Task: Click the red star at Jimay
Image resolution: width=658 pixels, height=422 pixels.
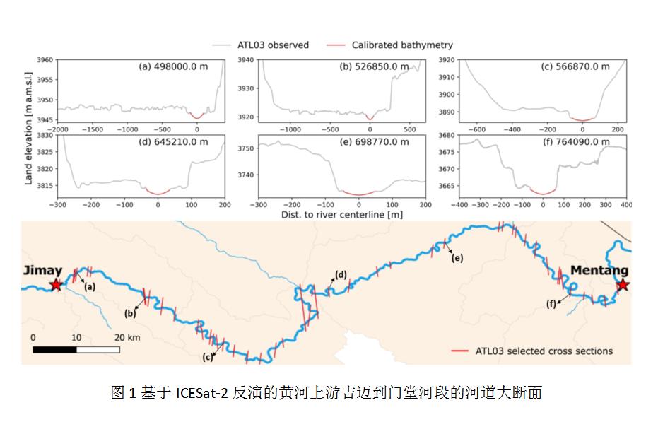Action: [55, 285]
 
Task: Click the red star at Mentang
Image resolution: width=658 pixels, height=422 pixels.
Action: [622, 285]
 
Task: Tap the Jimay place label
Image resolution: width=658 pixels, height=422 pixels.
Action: [42, 271]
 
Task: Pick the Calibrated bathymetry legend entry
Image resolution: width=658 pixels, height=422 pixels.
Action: [401, 45]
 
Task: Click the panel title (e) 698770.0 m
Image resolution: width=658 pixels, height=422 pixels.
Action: [375, 141]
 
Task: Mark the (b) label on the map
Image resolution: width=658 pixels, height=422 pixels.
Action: [131, 313]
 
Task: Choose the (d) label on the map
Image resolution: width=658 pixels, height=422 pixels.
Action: [341, 274]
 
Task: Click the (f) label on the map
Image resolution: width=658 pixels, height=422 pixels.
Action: [551, 304]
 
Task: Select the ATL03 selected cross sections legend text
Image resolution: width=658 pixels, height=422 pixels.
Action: [544, 351]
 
